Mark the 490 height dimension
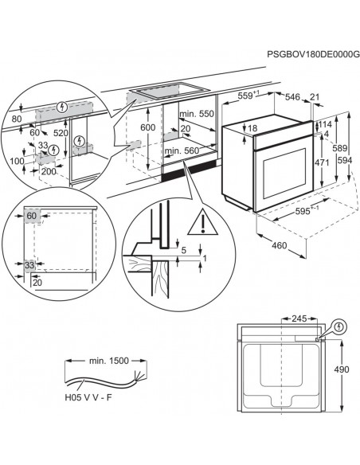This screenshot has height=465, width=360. pos(340,369)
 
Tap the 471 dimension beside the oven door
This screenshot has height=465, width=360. pos(319,162)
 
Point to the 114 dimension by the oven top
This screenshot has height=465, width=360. pos(323,124)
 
